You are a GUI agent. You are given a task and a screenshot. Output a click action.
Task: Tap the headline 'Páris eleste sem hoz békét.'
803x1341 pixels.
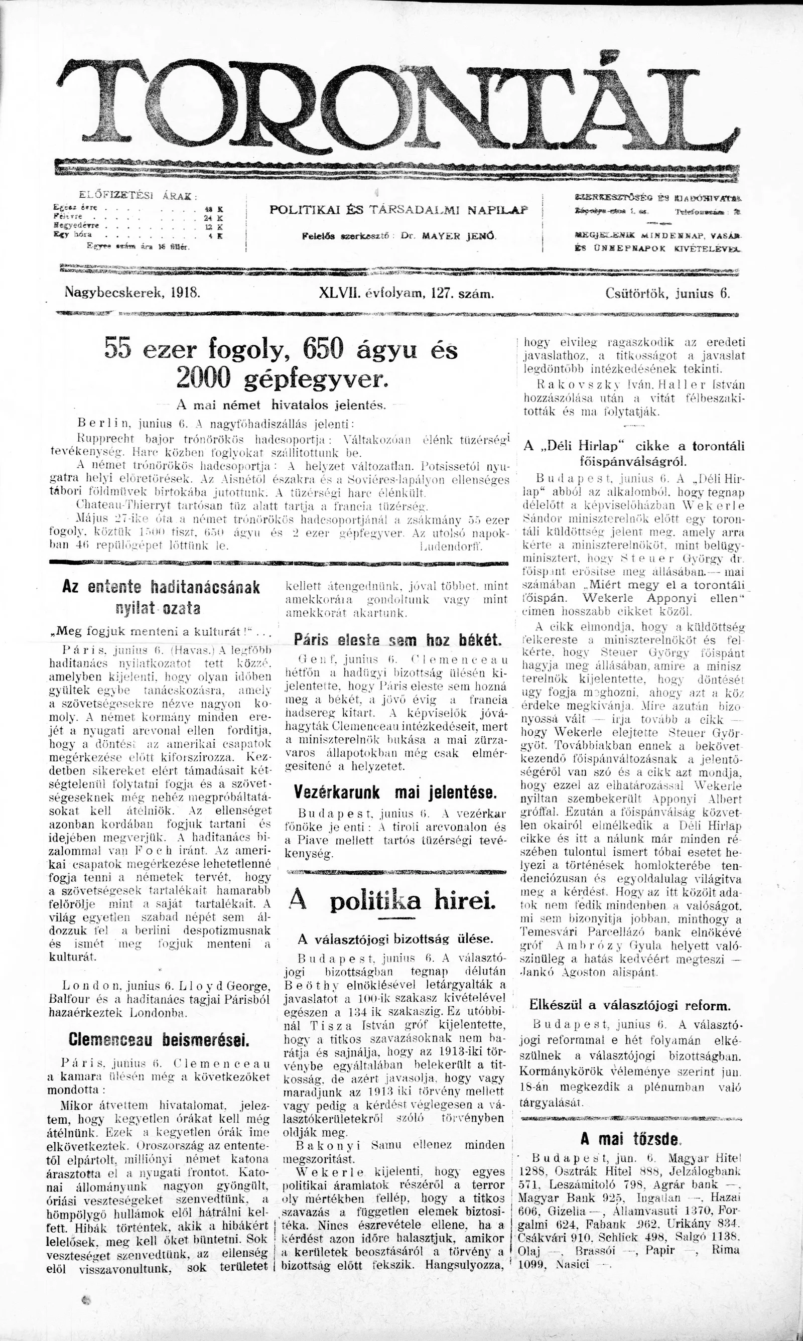(397, 639)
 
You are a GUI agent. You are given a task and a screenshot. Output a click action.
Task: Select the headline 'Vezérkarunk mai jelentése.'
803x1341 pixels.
(395, 792)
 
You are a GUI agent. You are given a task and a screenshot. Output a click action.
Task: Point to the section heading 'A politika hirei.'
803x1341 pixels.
(392, 899)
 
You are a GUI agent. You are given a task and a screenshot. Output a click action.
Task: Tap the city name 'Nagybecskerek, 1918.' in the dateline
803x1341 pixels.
(132, 293)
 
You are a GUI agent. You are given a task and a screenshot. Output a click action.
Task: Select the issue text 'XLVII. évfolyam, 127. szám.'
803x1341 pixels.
(407, 294)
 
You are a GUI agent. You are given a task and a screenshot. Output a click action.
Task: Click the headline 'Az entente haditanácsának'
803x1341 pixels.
(161, 587)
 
